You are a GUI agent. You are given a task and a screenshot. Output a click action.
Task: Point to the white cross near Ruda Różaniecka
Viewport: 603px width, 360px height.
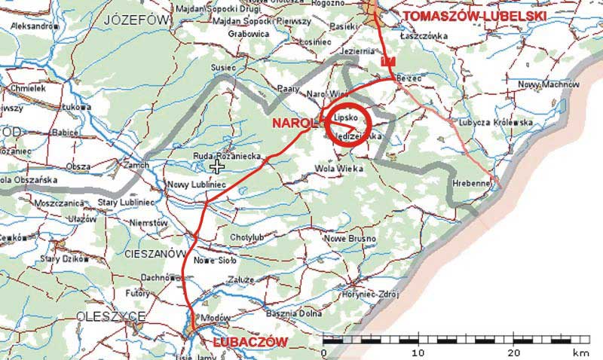pos(218,166)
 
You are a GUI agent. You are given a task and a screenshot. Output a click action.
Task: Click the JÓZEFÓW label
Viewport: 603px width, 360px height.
pos(136,19)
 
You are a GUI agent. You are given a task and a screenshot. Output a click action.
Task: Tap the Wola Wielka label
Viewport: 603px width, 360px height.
pos(337,167)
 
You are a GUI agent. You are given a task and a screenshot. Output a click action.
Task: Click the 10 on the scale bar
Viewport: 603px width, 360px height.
pos(418,352)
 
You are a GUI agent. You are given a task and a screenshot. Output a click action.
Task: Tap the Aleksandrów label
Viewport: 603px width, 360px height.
pos(33,26)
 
